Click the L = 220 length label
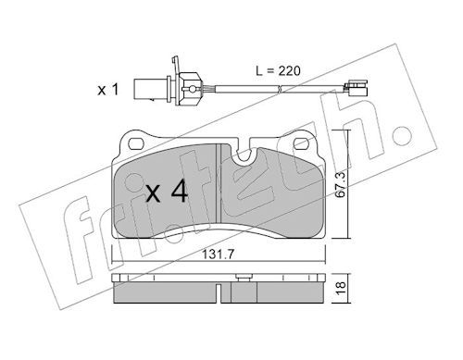click(x=278, y=71)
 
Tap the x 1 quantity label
click(x=108, y=90)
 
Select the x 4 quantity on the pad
click(x=167, y=192)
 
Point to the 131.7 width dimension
click(x=219, y=254)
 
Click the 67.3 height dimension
click(x=341, y=185)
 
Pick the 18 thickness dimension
click(x=341, y=289)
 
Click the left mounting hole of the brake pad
click(x=136, y=143)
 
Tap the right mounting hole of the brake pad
click(x=302, y=143)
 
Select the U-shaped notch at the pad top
click(x=244, y=155)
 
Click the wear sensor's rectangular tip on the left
click(x=143, y=90)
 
